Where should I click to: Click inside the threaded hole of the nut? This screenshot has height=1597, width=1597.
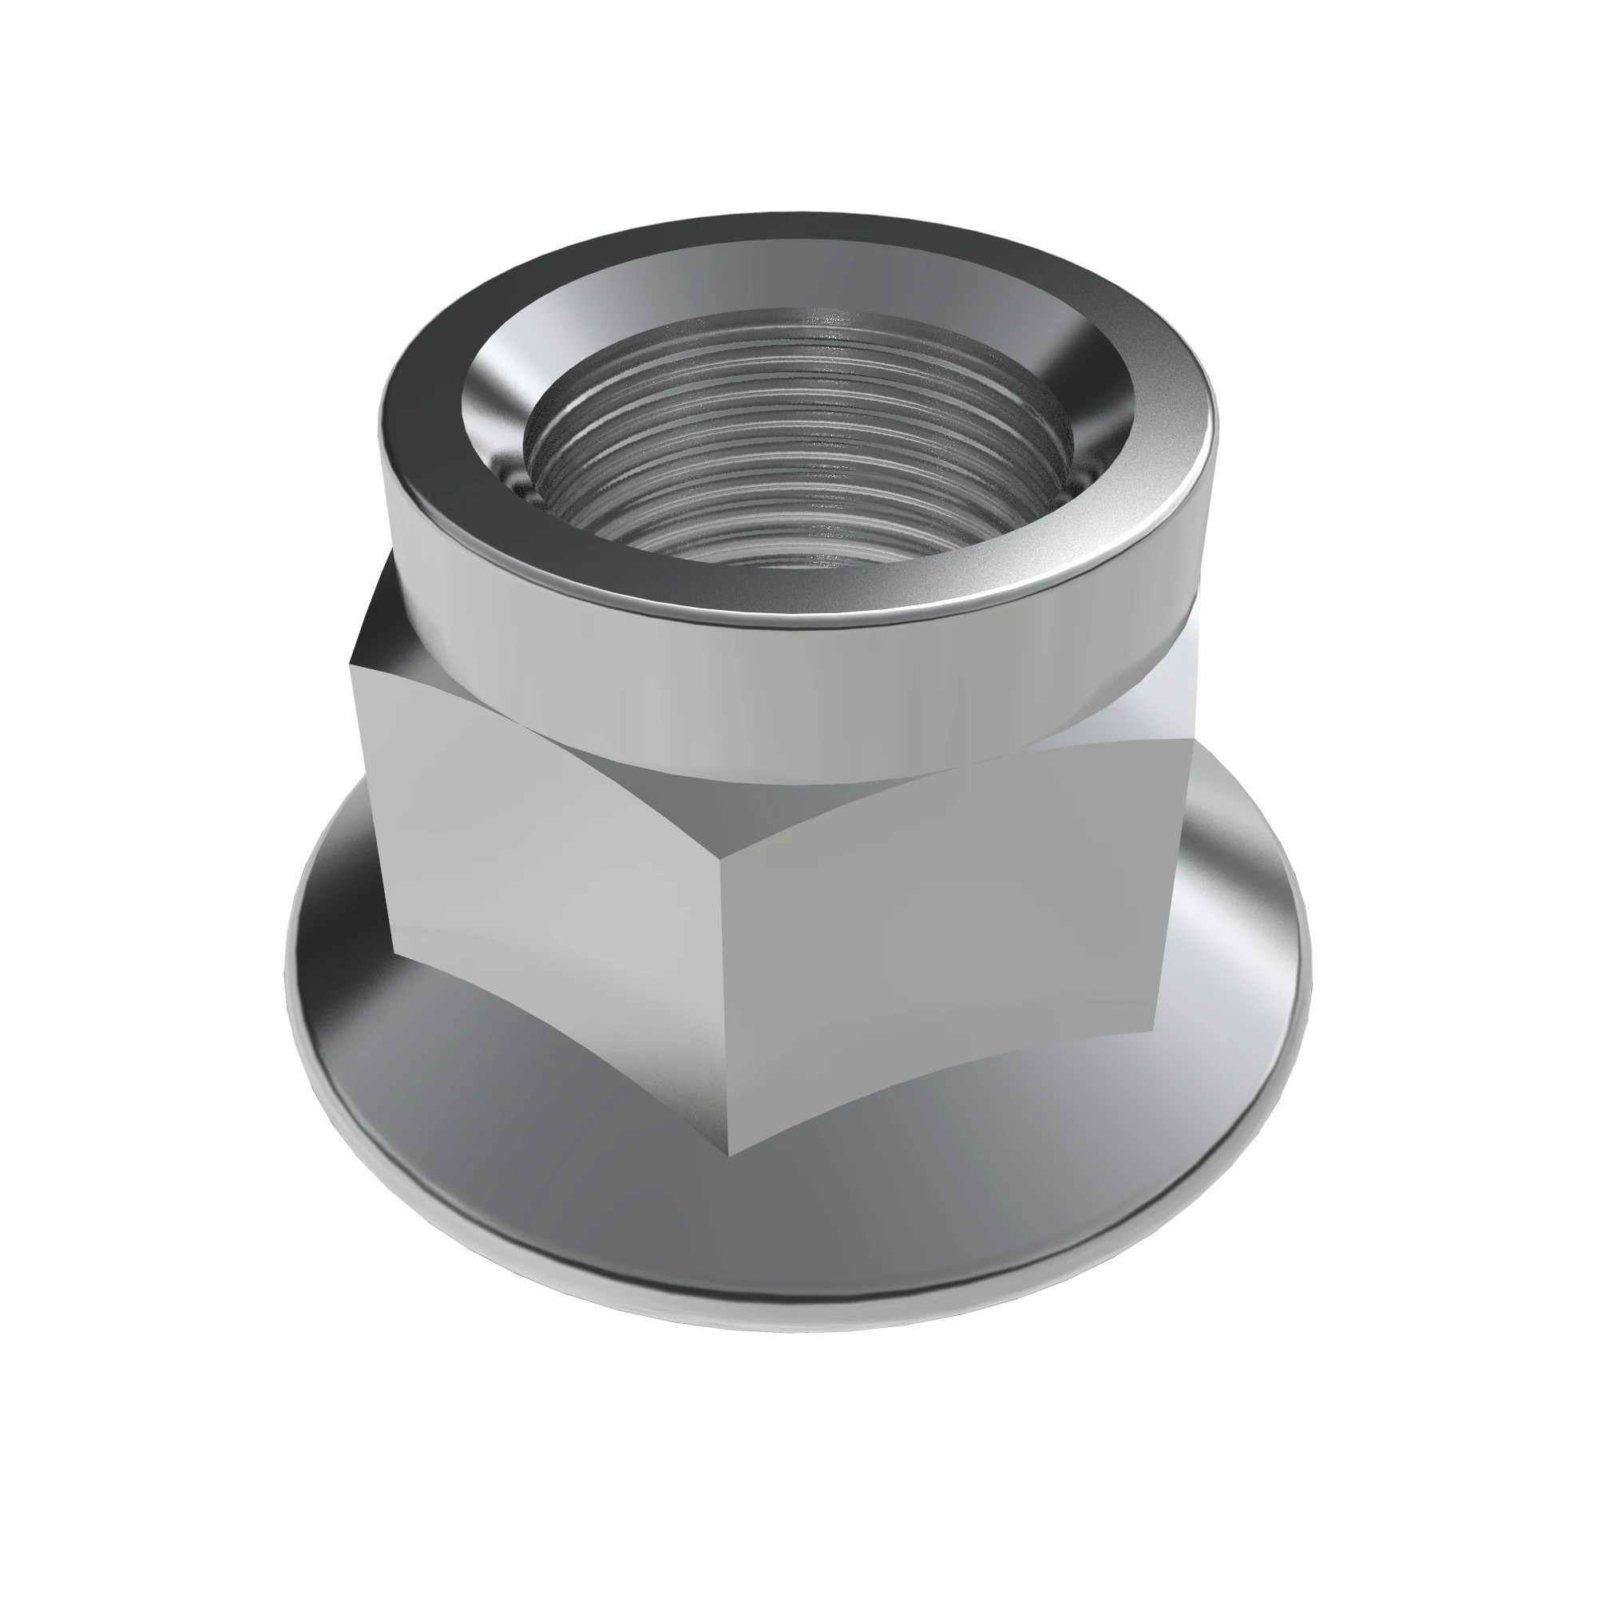click(x=798, y=463)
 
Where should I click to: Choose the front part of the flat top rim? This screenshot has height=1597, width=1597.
click(x=794, y=608)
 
